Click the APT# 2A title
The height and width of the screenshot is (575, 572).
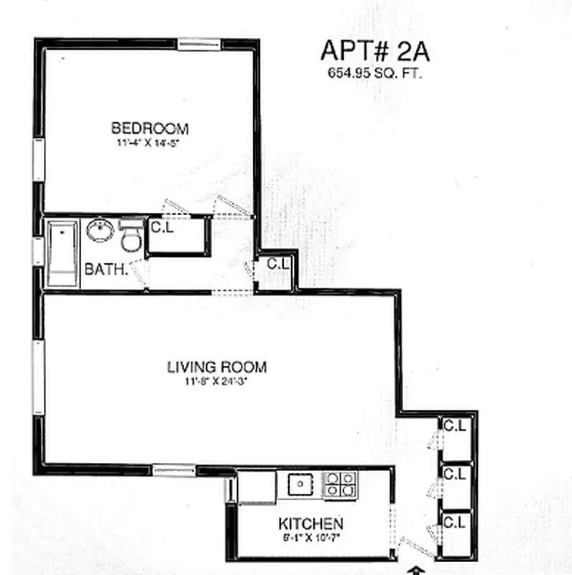[x=367, y=52]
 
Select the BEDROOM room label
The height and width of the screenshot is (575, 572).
[x=149, y=129]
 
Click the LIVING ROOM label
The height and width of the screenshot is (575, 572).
[x=216, y=367]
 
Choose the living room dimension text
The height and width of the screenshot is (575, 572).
[x=216, y=381]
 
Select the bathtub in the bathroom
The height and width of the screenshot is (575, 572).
[x=63, y=253]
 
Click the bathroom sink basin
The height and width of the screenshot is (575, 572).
[x=100, y=231]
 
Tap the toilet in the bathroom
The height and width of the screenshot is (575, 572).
[x=130, y=236]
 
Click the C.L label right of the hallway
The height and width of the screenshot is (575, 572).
[x=278, y=264]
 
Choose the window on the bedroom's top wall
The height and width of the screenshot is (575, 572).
[x=199, y=43]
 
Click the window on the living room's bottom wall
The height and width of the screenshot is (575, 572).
[x=174, y=469]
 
